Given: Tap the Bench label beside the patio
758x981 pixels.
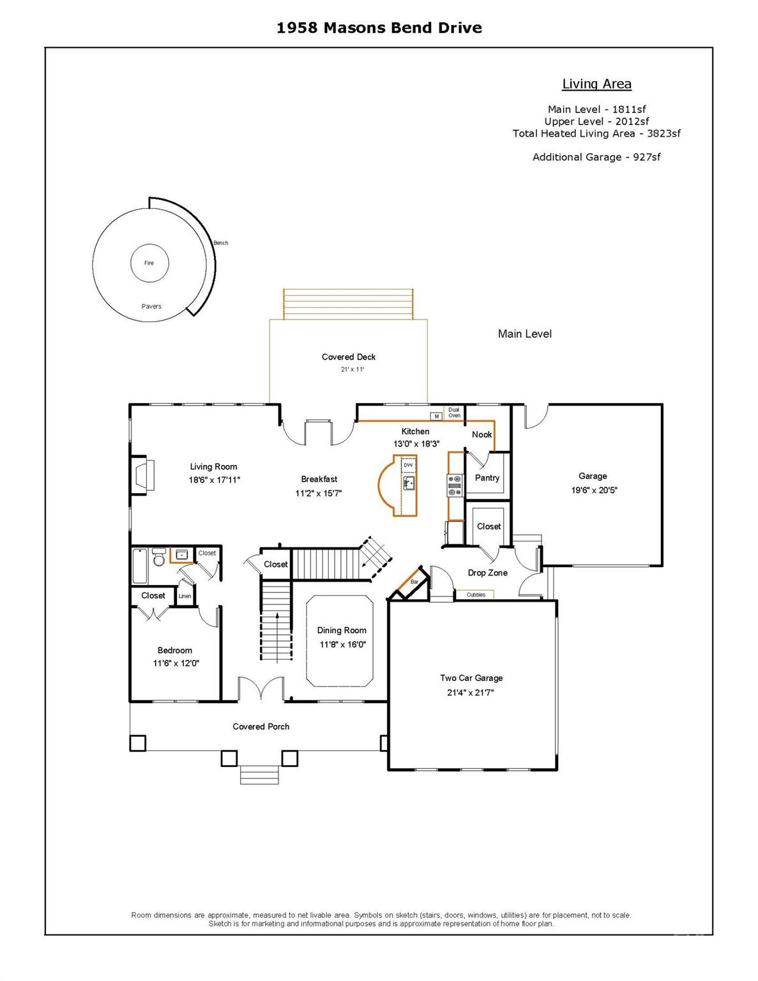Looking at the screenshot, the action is click(221, 243).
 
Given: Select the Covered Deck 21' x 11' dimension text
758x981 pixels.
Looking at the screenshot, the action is click(352, 369).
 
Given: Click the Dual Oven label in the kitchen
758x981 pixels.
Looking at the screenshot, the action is click(454, 413).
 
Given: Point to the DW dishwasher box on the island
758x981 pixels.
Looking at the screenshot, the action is click(408, 465).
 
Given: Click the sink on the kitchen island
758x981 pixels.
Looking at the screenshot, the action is click(409, 482).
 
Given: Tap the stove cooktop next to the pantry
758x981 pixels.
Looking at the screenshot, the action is click(455, 485).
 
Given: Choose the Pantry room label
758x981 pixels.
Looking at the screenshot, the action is click(487, 478).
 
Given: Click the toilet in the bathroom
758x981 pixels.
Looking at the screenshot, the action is click(158, 557).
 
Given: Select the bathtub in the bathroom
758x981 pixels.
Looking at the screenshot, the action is click(140, 566).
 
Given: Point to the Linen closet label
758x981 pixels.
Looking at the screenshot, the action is click(185, 596).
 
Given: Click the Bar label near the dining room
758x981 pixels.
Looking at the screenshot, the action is click(414, 582).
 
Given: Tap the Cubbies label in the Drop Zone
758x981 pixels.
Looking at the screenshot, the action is click(476, 595).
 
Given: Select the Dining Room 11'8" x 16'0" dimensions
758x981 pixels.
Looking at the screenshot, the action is click(342, 644).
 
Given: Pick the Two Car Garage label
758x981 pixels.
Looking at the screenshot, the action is click(471, 678).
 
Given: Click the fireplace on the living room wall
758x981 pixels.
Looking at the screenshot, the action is click(143, 475).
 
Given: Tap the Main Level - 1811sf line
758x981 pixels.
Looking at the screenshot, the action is click(596, 109).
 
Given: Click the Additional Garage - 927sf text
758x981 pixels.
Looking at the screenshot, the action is click(596, 157).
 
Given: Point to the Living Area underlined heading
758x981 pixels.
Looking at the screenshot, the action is click(596, 84).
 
